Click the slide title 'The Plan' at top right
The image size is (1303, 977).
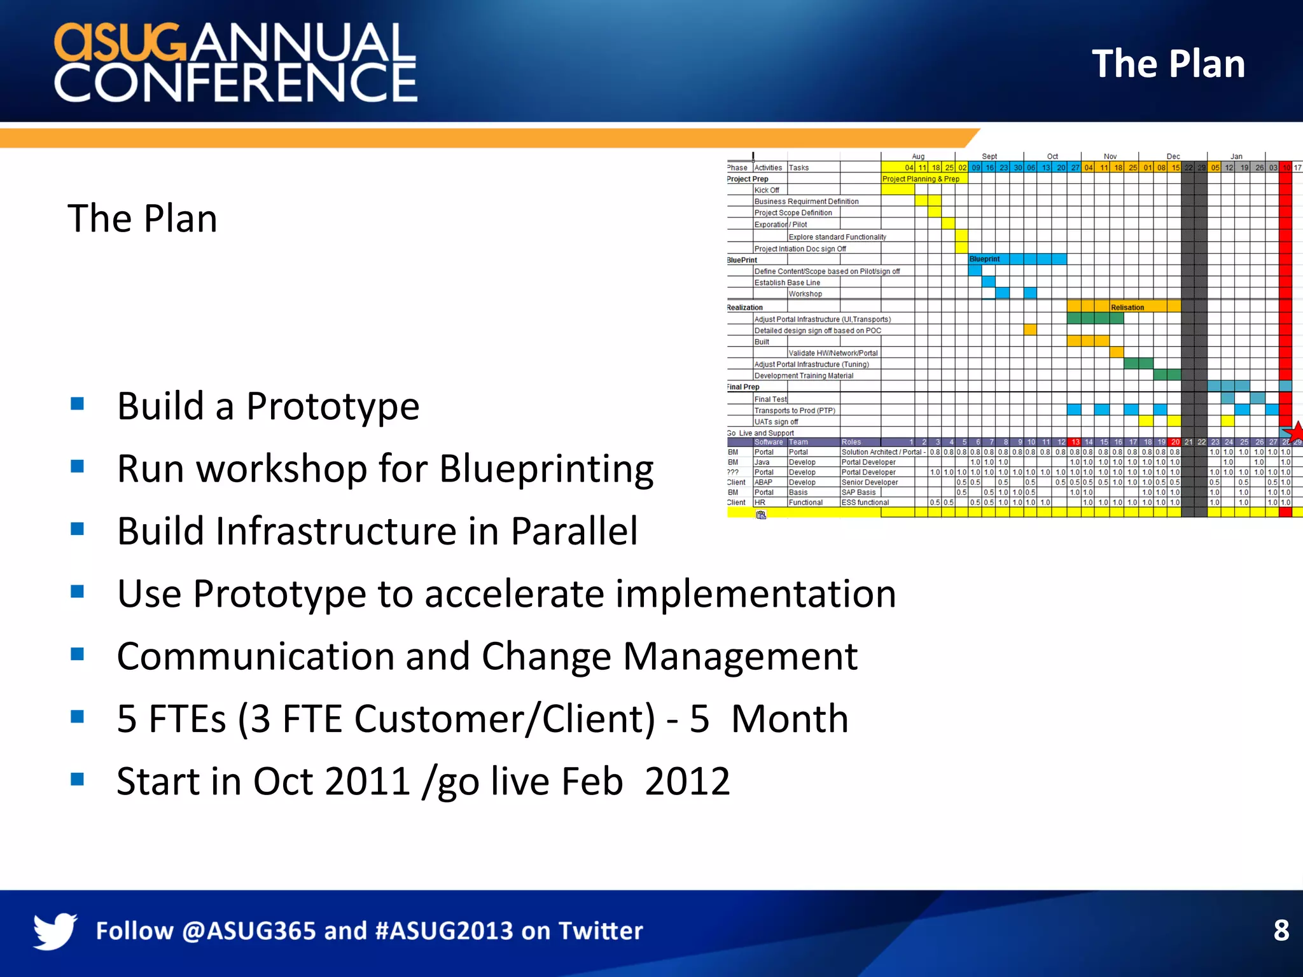[1168, 64]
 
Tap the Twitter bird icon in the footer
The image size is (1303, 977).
[55, 931]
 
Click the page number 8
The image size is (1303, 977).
[1281, 931]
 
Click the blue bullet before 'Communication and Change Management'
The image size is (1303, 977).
[78, 654]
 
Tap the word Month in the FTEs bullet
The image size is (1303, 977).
[790, 719]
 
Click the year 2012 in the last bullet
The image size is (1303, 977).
[687, 781]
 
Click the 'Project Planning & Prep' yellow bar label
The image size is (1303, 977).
[921, 179]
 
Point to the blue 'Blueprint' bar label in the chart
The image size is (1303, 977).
[984, 259]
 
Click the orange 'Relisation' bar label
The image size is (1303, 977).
[1127, 307]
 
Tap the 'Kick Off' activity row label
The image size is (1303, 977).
[767, 190]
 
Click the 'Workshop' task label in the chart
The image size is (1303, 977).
[805, 294]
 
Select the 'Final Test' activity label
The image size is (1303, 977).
[770, 399]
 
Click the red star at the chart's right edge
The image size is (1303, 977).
[1295, 431]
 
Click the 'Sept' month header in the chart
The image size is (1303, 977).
[989, 156]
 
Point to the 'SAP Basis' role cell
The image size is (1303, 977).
[858, 492]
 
